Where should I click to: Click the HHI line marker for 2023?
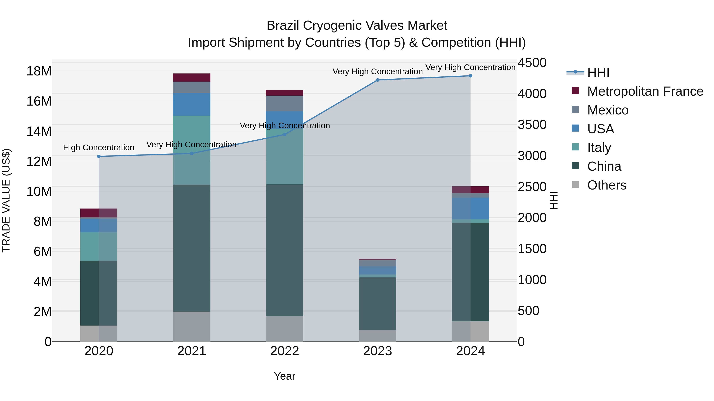377,80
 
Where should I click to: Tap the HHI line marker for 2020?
99,156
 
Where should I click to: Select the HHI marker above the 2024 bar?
470,76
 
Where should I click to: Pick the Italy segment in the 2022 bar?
284,157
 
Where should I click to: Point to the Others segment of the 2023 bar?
377,335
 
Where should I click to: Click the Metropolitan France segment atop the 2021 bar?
192,77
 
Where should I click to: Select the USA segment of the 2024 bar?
470,208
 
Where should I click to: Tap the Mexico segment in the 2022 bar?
284,104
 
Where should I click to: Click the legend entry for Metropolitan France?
645,91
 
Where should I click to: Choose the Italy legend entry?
599,148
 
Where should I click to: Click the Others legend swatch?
575,185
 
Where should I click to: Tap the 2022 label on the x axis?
284,351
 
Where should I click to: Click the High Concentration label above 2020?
99,148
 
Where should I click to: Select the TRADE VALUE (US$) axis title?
6,200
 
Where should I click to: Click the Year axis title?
284,376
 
